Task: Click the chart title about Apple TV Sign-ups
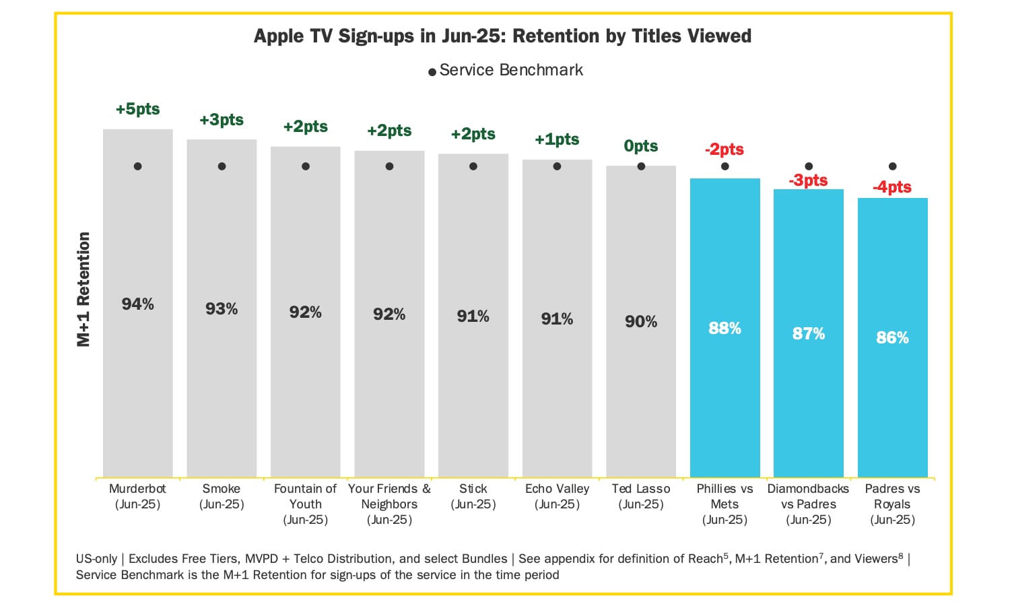coord(502,36)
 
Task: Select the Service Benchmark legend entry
coord(506,70)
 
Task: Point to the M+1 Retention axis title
coord(83,290)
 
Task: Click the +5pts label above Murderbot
coord(137,109)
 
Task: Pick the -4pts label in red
coord(892,187)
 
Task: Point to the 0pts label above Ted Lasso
coord(641,146)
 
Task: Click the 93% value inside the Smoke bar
coord(222,309)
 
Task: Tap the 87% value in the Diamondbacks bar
coord(809,334)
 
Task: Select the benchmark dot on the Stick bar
coord(473,166)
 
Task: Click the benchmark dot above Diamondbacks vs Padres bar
coord(809,166)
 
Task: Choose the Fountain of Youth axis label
coord(305,504)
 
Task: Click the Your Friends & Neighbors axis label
coord(389,504)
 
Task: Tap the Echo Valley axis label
coord(557,496)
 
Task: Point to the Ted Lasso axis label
coord(641,496)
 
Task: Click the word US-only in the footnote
coord(96,559)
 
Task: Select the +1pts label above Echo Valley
coord(557,139)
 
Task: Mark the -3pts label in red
coord(809,180)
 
